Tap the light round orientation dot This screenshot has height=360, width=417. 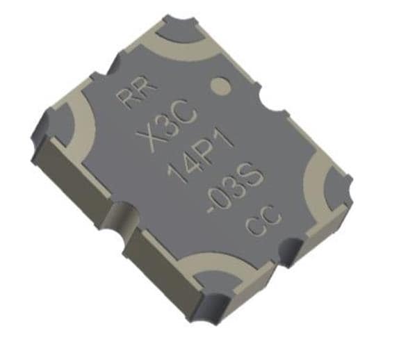pyautogui.click(x=221, y=87)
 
